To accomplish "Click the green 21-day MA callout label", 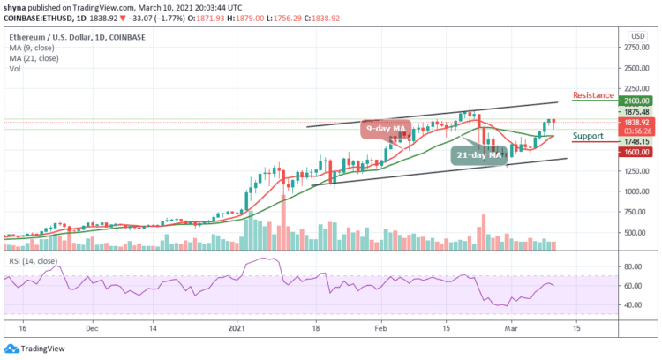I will pyautogui.click(x=478, y=154).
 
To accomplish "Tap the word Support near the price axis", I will pyautogui.click(x=587, y=136).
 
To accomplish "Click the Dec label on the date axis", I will pyautogui.click(x=92, y=325).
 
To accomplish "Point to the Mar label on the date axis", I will pyautogui.click(x=520, y=325).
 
